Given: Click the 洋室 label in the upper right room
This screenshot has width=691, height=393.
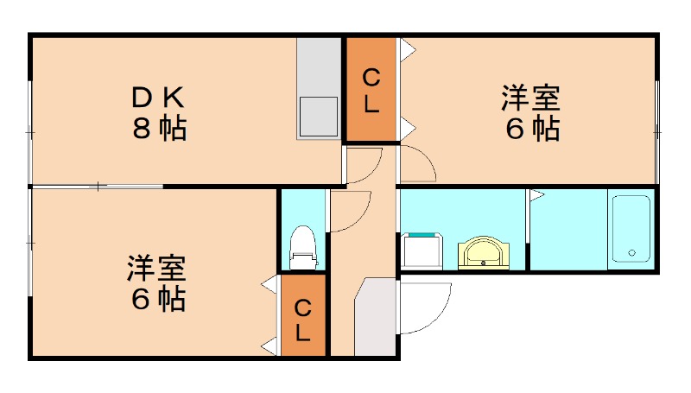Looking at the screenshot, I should (x=530, y=98).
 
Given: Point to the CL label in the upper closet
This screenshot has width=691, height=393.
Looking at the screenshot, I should (x=371, y=91).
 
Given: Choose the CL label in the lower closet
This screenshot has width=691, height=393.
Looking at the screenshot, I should (x=303, y=319).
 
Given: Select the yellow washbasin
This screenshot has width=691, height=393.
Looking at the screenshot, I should (x=484, y=252).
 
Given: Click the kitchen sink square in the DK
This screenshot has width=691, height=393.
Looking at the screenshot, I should (x=318, y=115).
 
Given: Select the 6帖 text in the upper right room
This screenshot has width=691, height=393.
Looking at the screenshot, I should (x=532, y=130).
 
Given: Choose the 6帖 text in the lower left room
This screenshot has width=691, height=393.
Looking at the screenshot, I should (x=158, y=300).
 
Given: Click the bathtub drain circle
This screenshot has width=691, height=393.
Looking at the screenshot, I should (x=631, y=253).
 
